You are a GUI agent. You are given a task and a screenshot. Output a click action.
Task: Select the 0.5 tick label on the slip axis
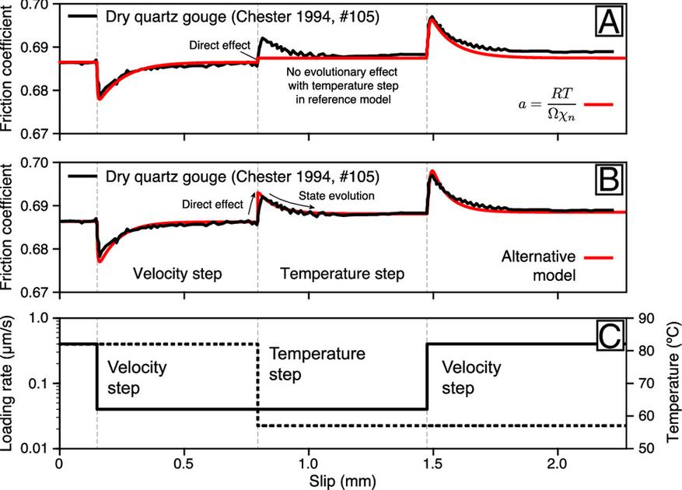[184, 460]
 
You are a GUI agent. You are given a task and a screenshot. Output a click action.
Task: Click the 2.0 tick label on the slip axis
[557, 460]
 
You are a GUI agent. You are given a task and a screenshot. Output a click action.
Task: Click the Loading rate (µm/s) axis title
[9, 383]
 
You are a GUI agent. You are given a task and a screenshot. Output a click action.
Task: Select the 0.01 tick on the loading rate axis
[36, 449]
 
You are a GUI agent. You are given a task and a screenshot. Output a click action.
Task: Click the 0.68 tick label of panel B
[36, 249]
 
